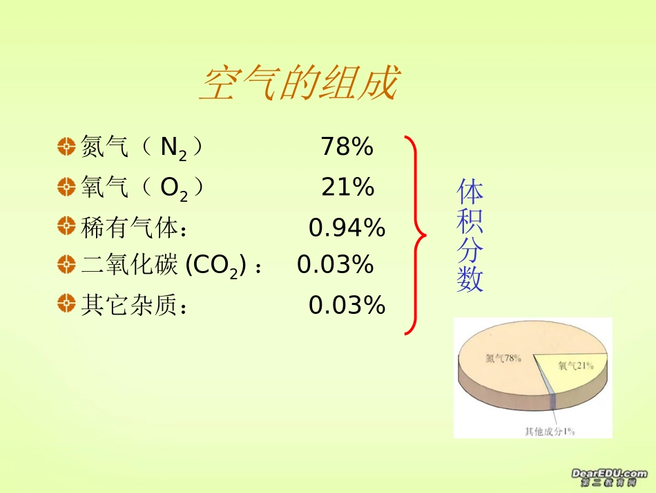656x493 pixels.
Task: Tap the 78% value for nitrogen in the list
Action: pyautogui.click(x=347, y=147)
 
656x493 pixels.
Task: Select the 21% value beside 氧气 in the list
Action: pyautogui.click(x=347, y=187)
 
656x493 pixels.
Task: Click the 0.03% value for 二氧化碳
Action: pyautogui.click(x=336, y=264)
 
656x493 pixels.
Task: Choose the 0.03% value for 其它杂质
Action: pyautogui.click(x=347, y=305)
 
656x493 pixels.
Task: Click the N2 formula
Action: pyautogui.click(x=173, y=149)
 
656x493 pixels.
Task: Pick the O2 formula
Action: pyautogui.click(x=173, y=189)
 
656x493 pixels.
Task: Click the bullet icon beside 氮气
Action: pyautogui.click(x=66, y=147)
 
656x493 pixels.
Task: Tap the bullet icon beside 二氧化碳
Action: pyautogui.click(x=66, y=264)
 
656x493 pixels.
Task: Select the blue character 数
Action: pyautogui.click(x=470, y=279)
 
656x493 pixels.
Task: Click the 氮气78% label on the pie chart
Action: pyautogui.click(x=502, y=358)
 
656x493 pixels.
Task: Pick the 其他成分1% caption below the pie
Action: pyautogui.click(x=550, y=431)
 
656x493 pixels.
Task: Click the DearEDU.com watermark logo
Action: pyautogui.click(x=608, y=477)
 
